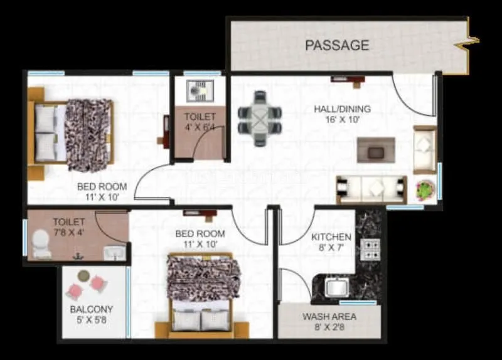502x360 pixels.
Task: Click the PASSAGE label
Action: [336, 45]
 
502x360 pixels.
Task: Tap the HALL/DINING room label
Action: [342, 109]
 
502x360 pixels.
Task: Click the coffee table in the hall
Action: [376, 151]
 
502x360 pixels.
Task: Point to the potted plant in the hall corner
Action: [425, 189]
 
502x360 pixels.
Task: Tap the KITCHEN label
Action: [331, 237]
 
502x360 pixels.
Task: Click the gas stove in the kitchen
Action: [371, 249]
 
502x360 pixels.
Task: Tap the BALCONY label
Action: [92, 309]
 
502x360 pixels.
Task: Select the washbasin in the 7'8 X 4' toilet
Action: [114, 252]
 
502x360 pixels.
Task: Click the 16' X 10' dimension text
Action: [341, 120]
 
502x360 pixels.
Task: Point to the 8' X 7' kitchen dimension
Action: [331, 248]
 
